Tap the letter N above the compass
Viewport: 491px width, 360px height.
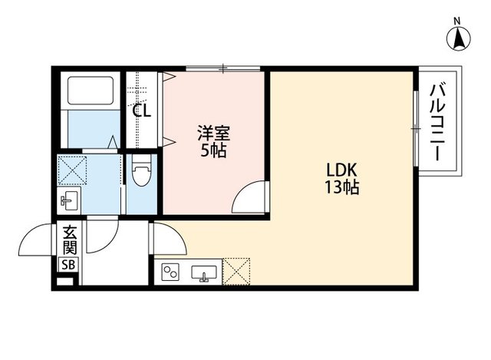(x=457, y=20)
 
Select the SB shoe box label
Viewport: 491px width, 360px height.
(x=68, y=265)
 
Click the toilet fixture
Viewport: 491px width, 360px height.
(x=141, y=173)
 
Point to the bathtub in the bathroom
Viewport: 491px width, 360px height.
(x=89, y=92)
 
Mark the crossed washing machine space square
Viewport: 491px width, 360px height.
(x=74, y=170)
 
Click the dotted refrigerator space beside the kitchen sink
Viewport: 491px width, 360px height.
(x=236, y=270)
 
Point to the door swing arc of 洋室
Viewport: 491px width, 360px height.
(x=249, y=198)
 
